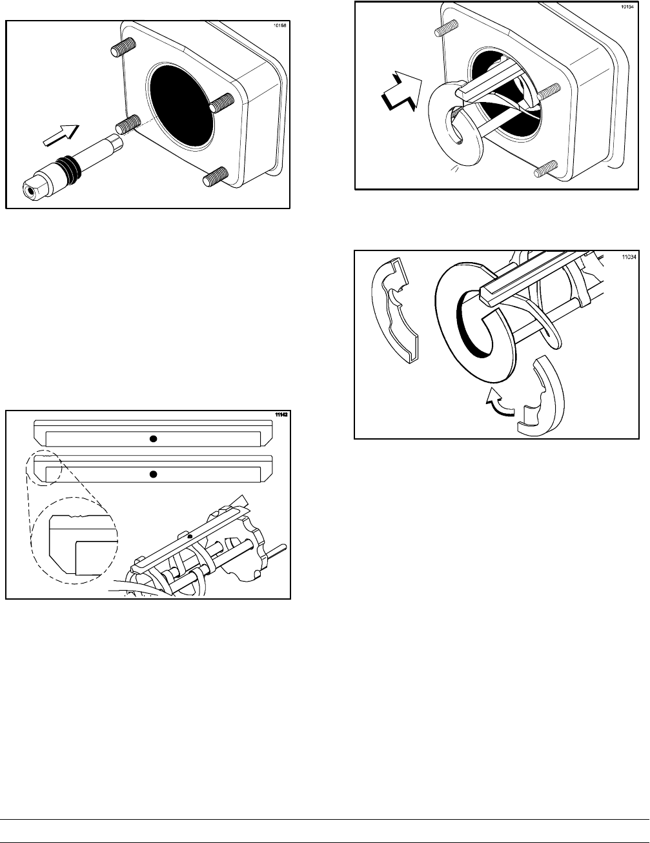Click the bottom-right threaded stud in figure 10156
click(217, 177)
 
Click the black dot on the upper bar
click(153, 439)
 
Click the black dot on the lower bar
click(153, 474)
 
